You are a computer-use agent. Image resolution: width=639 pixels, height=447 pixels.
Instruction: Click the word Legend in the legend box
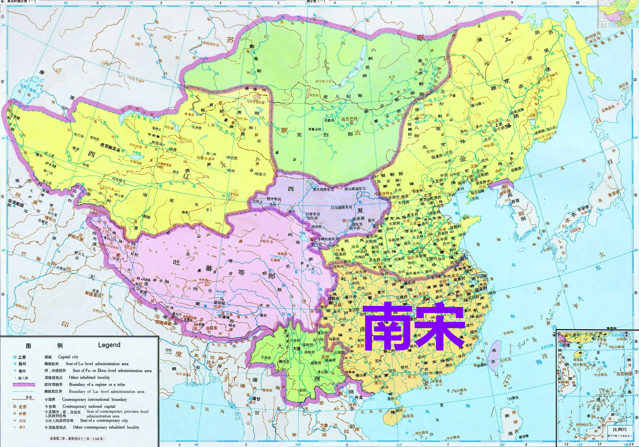point(109,345)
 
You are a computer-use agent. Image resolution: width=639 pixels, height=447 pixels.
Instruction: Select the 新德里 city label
point(91,293)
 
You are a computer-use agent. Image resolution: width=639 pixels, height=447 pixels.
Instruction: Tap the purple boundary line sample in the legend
point(24,385)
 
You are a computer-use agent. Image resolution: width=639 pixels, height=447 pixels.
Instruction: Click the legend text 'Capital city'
point(68,357)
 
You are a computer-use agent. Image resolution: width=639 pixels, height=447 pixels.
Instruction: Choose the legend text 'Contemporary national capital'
point(89,406)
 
